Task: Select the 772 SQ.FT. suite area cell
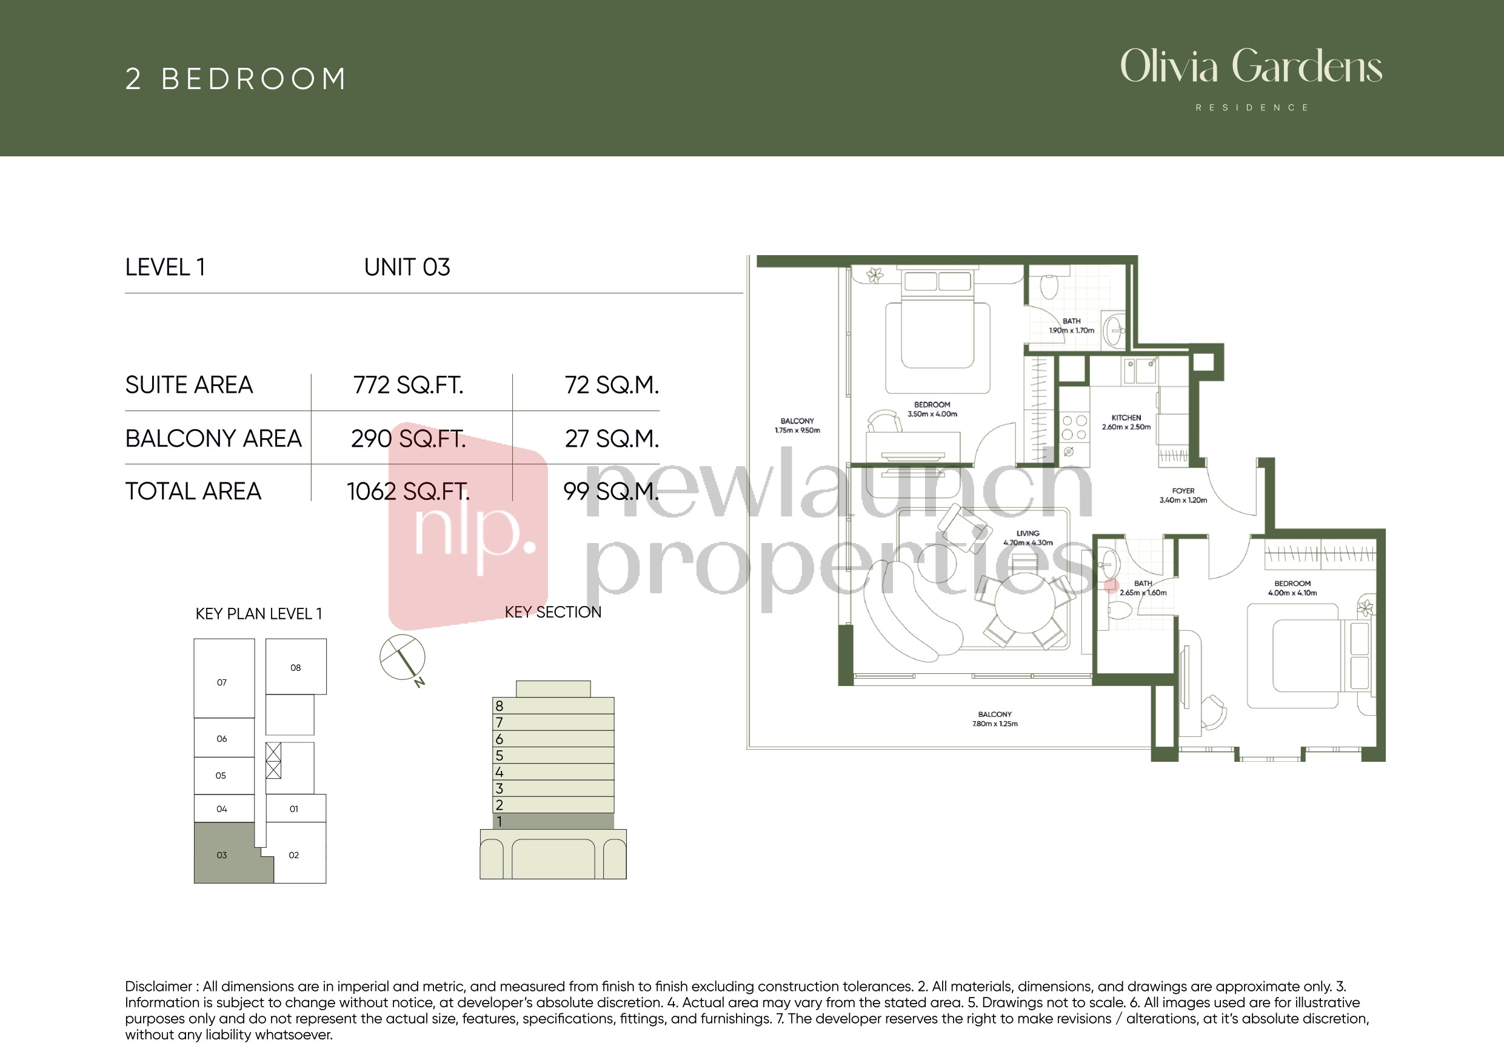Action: (408, 385)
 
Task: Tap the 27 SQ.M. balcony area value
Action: (612, 439)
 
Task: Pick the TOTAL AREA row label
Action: (193, 492)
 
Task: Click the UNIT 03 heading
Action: (407, 267)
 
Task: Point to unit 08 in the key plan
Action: (295, 667)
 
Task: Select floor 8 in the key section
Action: (553, 705)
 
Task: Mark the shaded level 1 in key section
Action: (553, 821)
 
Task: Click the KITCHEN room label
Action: (1126, 417)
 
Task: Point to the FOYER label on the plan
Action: (1183, 490)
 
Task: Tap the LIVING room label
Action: (1028, 533)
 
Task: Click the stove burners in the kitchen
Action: (1074, 428)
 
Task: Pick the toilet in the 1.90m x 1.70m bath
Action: (1049, 285)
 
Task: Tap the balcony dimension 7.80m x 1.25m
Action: (994, 724)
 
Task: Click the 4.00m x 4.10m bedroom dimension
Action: (1292, 593)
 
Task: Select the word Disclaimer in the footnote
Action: (158, 987)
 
